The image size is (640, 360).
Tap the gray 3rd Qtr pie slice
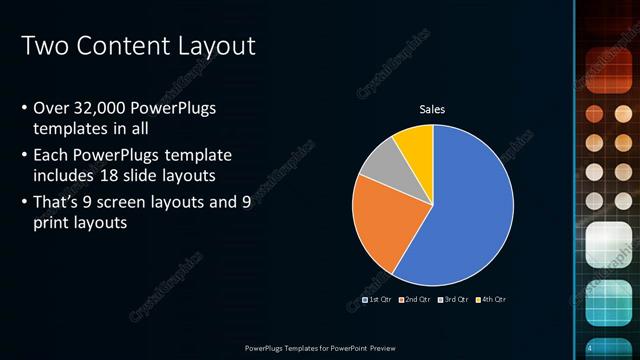click(381, 164)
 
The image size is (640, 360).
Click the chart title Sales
click(432, 109)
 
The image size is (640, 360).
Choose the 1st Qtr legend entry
click(377, 299)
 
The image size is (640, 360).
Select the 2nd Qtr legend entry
click(414, 299)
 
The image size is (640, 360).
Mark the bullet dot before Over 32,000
click(24, 108)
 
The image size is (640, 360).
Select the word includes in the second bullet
click(61, 175)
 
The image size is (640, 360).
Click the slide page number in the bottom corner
click(590, 347)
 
